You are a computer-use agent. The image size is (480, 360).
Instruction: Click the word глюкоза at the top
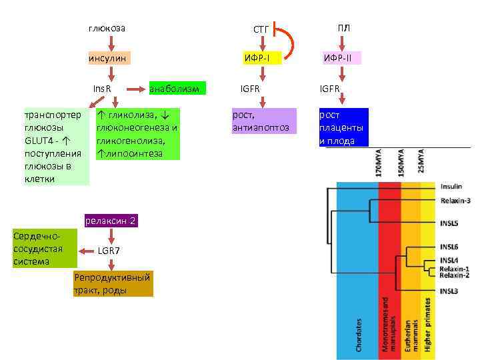(107, 29)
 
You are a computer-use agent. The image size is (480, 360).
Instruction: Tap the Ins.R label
(101, 89)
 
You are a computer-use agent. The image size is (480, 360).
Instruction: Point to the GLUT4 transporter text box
(55, 147)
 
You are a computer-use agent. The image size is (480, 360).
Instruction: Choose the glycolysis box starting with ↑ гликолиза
(137, 134)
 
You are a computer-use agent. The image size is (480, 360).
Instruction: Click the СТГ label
(261, 29)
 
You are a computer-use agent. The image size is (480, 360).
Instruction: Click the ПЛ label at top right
(343, 28)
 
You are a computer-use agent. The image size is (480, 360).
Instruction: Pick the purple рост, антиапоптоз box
(261, 121)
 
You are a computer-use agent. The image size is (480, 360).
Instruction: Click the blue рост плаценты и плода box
(343, 127)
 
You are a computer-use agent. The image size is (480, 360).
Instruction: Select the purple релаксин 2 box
(110, 221)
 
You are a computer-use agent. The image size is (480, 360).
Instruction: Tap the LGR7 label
(109, 251)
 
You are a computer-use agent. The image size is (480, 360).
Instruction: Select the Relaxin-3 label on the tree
(455, 201)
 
